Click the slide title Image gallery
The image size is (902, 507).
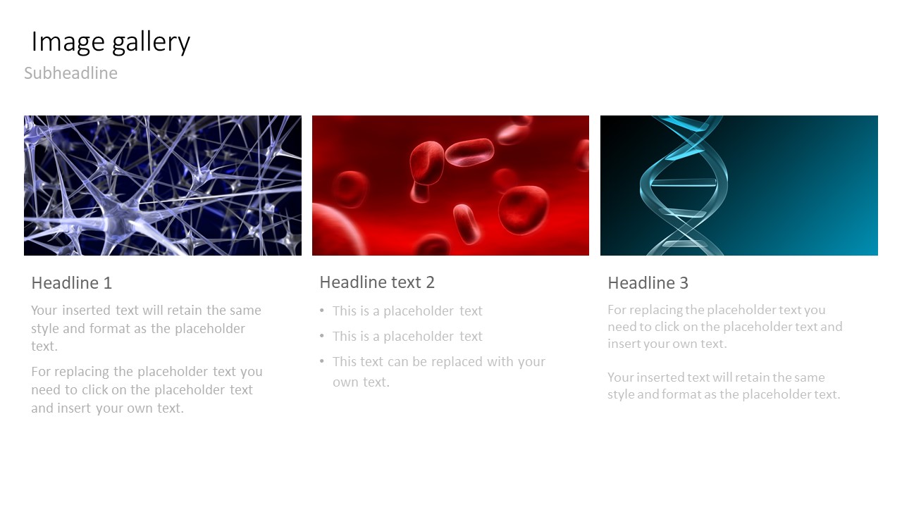pyautogui.click(x=111, y=42)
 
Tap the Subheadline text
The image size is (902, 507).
pyautogui.click(x=71, y=73)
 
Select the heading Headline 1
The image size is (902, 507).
pyautogui.click(x=72, y=283)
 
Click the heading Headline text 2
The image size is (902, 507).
pyautogui.click(x=377, y=282)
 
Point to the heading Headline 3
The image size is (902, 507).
pyautogui.click(x=648, y=283)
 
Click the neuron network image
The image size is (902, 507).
pyautogui.click(x=163, y=185)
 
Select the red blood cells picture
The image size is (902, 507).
pyautogui.click(x=450, y=185)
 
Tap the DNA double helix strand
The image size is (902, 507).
pyautogui.click(x=684, y=185)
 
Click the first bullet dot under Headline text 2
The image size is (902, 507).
pyautogui.click(x=322, y=311)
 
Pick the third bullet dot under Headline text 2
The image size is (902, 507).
pyautogui.click(x=322, y=361)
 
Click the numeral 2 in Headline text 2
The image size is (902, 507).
pyautogui.click(x=431, y=282)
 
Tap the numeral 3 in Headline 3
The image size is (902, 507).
pyautogui.click(x=684, y=283)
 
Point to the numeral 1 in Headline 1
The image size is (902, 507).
pyautogui.click(x=108, y=283)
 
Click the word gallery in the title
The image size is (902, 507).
pyautogui.click(x=151, y=43)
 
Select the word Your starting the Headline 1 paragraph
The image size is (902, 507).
pyautogui.click(x=44, y=311)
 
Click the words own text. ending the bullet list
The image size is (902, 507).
pyautogui.click(x=361, y=382)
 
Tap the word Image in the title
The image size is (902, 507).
pyautogui.click(x=68, y=42)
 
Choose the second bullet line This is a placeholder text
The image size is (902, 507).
pyautogui.click(x=407, y=336)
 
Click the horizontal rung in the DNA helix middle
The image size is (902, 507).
pyautogui.click(x=684, y=183)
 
